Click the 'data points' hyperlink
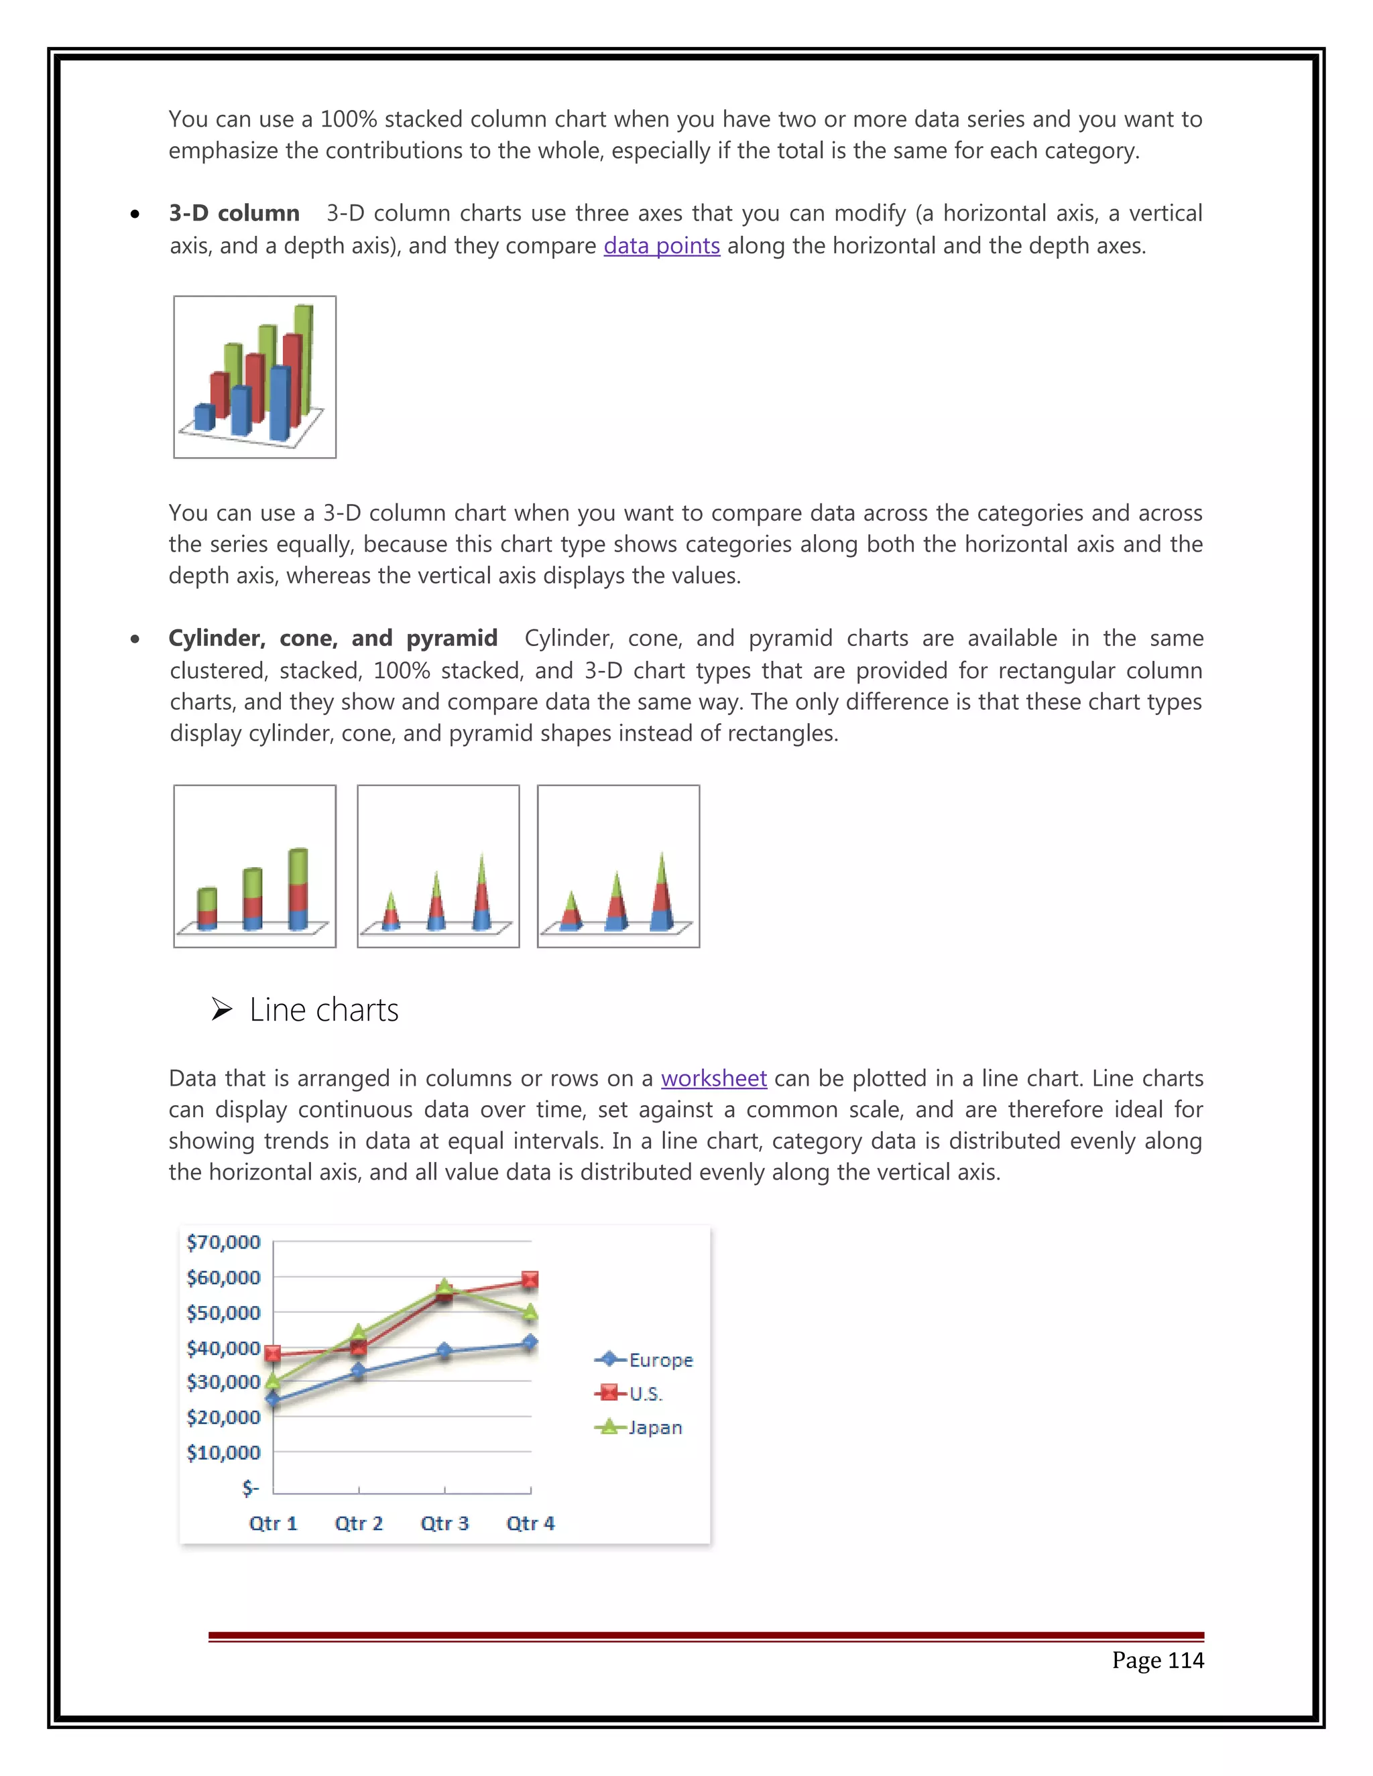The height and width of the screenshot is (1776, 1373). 661,245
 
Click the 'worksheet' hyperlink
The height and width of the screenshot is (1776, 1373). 713,1078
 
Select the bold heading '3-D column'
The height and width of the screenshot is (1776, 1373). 234,213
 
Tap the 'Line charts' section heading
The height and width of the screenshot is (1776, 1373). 323,1010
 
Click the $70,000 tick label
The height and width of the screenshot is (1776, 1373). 224,1242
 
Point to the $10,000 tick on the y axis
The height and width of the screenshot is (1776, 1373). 224,1452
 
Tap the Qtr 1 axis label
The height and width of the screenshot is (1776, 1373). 274,1523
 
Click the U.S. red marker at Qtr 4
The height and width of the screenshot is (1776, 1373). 530,1280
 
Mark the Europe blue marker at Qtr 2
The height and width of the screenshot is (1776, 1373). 359,1372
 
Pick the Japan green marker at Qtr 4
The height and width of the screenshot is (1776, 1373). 530,1312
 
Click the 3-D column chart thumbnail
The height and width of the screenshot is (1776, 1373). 255,377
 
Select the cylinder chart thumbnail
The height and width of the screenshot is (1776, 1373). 255,866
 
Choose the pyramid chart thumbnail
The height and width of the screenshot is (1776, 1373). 618,866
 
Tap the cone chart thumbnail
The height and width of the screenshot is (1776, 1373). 438,866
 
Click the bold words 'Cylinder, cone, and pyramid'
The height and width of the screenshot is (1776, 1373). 333,638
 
